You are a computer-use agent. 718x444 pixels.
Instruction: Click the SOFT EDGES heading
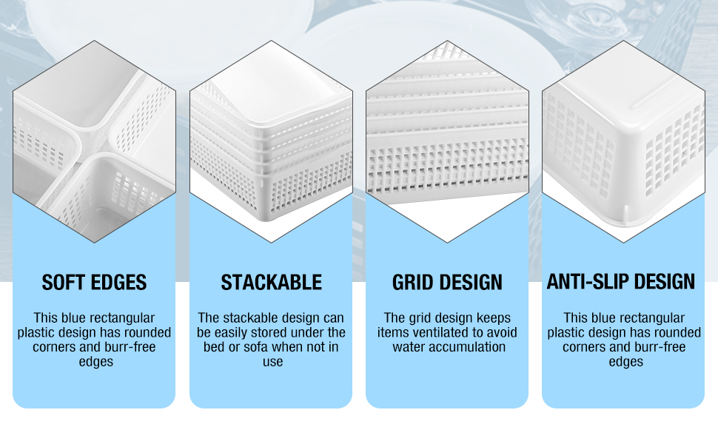pyautogui.click(x=94, y=283)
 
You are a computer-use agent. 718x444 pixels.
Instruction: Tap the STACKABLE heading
pyautogui.click(x=271, y=283)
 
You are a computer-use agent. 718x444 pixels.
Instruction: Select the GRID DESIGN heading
pyautogui.click(x=447, y=283)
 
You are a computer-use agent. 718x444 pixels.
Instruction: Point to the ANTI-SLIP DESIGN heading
pyautogui.click(x=621, y=281)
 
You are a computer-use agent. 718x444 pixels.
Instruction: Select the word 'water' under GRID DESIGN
pyautogui.click(x=409, y=347)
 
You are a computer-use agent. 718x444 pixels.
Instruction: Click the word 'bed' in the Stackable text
pyautogui.click(x=214, y=347)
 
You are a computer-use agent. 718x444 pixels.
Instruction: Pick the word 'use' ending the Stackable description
pyautogui.click(x=272, y=362)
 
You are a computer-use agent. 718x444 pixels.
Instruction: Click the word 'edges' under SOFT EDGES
pyautogui.click(x=96, y=362)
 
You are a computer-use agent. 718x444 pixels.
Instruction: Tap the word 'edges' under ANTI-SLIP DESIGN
pyautogui.click(x=626, y=362)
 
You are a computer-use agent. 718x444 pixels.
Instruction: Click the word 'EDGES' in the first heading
pyautogui.click(x=121, y=283)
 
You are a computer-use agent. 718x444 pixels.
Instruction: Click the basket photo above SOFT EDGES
pyautogui.click(x=94, y=141)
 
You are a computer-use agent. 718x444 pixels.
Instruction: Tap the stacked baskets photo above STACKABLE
pyautogui.click(x=271, y=141)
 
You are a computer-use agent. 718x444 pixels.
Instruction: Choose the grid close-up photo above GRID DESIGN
pyautogui.click(x=447, y=141)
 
